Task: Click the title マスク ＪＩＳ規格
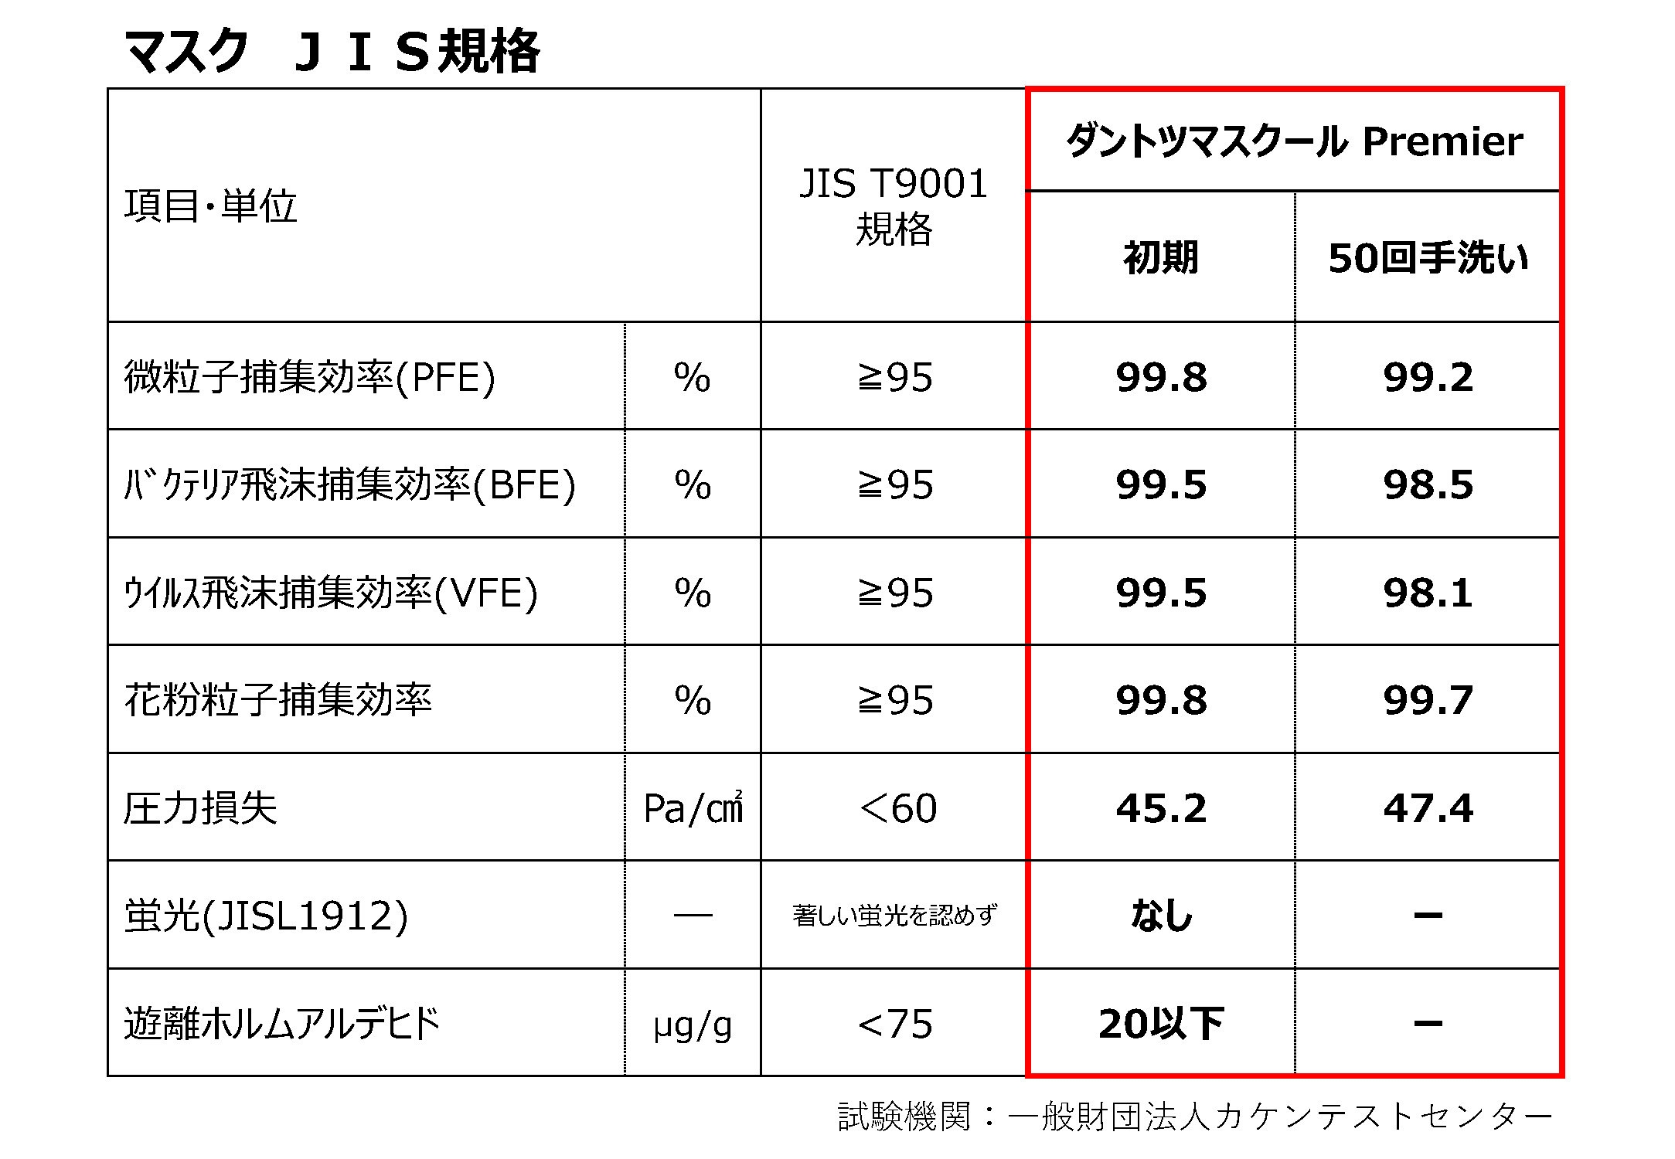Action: [x=332, y=52]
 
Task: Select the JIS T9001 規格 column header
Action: [x=894, y=206]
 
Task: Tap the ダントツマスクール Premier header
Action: [x=1294, y=141]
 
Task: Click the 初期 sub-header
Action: [x=1161, y=257]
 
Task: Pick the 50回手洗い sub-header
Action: [x=1428, y=257]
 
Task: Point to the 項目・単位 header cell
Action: [x=210, y=206]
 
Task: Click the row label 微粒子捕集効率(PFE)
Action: [x=309, y=377]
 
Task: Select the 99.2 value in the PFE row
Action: [x=1428, y=377]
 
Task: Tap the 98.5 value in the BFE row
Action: [x=1428, y=484]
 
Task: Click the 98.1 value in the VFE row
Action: [x=1428, y=593]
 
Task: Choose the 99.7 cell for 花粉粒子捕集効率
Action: [x=1428, y=700]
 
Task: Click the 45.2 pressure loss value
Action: [x=1161, y=808]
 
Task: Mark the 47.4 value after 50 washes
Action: [x=1428, y=808]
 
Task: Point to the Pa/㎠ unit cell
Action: [x=693, y=808]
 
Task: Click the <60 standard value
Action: [x=897, y=808]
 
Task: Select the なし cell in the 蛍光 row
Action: [x=1161, y=916]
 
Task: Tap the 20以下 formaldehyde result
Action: [x=1161, y=1024]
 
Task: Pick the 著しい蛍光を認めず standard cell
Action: [x=894, y=916]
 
